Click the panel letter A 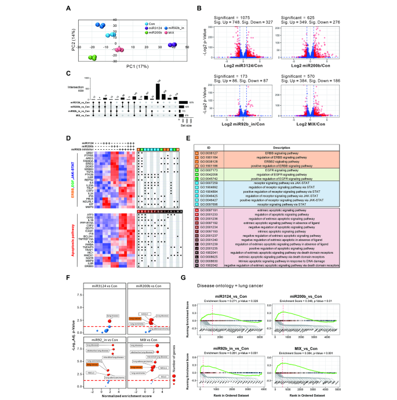click(69, 9)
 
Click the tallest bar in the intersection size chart click(158, 91)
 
